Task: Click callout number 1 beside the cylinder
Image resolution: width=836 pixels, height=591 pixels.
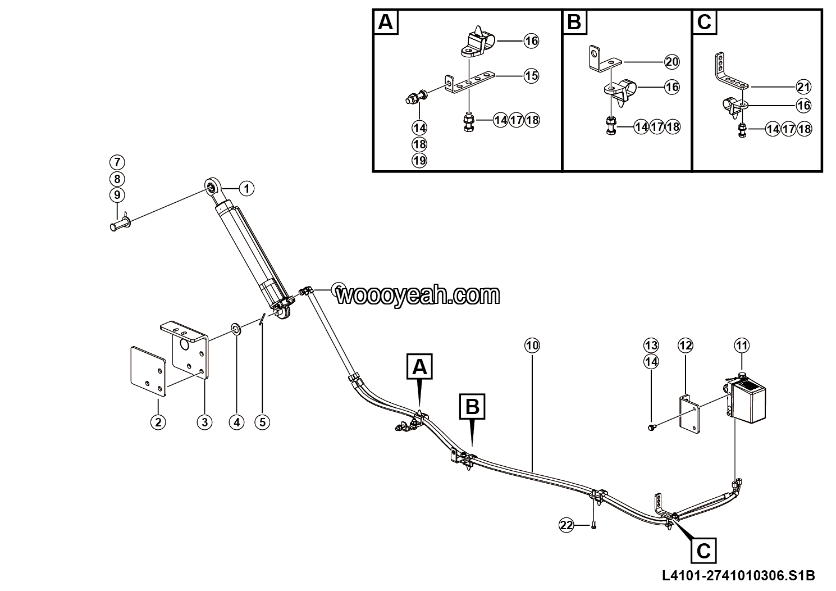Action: (246, 189)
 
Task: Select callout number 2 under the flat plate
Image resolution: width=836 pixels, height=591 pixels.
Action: (158, 422)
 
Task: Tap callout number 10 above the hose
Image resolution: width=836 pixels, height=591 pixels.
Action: (532, 345)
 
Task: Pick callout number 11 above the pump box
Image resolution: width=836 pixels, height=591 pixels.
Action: (742, 345)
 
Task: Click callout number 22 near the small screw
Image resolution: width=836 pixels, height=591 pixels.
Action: (567, 525)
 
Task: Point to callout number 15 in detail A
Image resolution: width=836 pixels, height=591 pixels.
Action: (531, 76)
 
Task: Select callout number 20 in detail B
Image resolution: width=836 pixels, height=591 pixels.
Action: (671, 62)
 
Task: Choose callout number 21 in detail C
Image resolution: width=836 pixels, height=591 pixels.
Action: (803, 87)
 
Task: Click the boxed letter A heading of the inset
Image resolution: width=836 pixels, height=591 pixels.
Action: (386, 22)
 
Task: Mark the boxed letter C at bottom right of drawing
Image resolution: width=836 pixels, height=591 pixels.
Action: (703, 551)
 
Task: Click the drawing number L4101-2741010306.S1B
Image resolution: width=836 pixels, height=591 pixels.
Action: (738, 576)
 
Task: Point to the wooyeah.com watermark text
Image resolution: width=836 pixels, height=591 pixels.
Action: (418, 295)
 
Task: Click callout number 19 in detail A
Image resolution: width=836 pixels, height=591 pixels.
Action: (419, 161)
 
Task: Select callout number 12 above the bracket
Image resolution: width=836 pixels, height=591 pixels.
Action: (686, 345)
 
